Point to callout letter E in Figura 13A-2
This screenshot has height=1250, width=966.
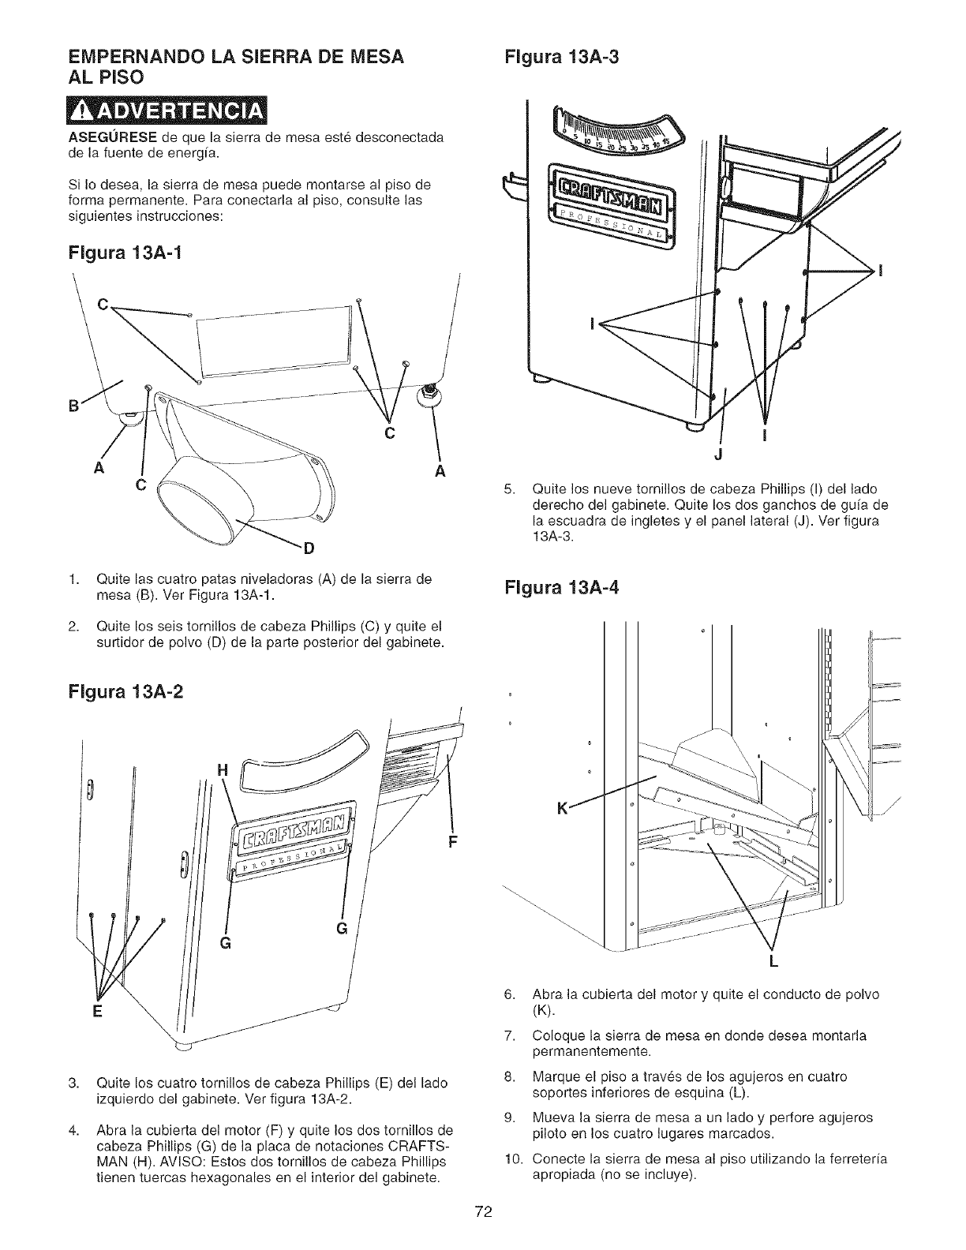pyautogui.click(x=98, y=1013)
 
